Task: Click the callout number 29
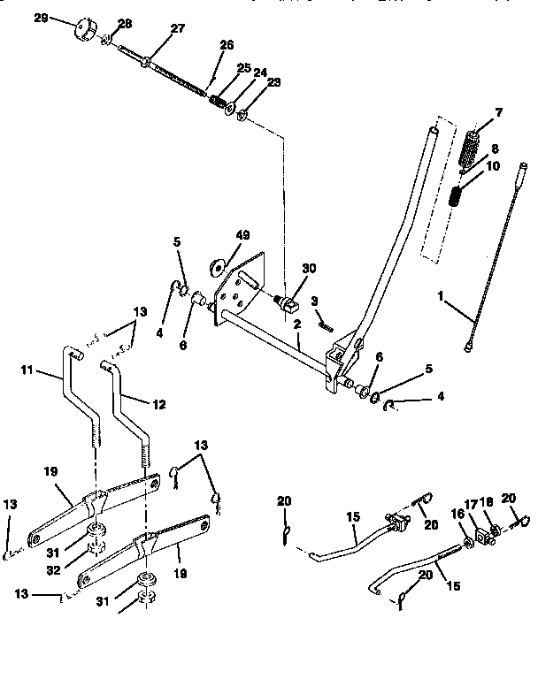coord(40,18)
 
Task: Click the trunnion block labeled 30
coord(287,306)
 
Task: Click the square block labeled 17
coord(482,534)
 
